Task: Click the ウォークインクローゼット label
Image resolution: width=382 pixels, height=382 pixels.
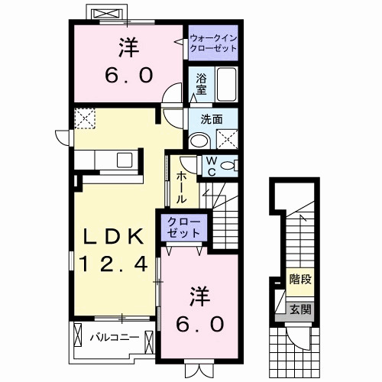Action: pos(212,41)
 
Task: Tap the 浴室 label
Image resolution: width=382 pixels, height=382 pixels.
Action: pos(201,83)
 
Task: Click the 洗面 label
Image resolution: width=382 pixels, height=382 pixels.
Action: pos(212,118)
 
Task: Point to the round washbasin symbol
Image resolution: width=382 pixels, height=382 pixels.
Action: pos(198,139)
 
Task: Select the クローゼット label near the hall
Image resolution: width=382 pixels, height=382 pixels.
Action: pos(183,227)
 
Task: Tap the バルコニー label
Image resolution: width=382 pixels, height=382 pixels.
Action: pos(114,336)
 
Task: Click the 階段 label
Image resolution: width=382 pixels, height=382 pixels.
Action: pos(299,279)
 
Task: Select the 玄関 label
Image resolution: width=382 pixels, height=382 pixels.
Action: pos(299,309)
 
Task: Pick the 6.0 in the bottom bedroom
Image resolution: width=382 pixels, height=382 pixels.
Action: pos(202,323)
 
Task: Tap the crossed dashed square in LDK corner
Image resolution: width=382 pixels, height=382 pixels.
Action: pos(83,118)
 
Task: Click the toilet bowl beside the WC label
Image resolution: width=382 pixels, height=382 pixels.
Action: pos(230,165)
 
